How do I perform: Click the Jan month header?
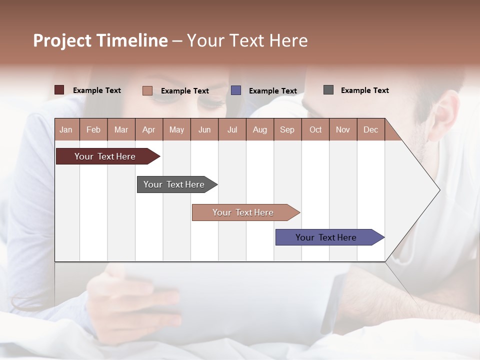click(x=66, y=129)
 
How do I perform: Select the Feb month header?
click(x=93, y=129)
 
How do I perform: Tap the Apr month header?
click(x=149, y=129)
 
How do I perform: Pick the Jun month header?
click(x=204, y=129)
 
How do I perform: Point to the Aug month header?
click(x=260, y=129)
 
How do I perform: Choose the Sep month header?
click(x=287, y=129)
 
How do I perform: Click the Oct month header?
click(x=315, y=129)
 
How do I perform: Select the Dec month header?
click(x=371, y=129)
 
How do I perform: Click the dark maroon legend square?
click(x=59, y=90)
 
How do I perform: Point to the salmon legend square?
click(x=147, y=90)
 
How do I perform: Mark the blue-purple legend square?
click(x=236, y=90)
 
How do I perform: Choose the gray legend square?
click(x=328, y=90)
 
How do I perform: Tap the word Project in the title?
click(x=62, y=40)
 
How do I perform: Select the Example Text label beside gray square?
click(x=364, y=90)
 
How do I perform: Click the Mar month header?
click(x=121, y=129)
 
